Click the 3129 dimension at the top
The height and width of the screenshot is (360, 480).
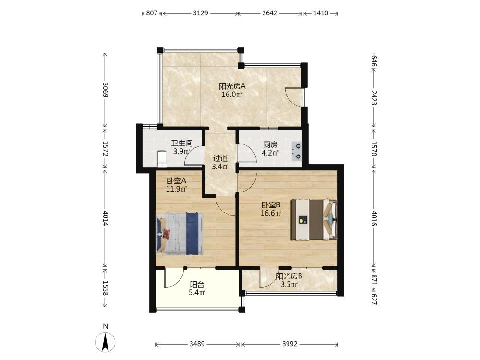click(201, 13)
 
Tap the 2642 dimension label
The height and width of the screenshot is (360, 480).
click(270, 13)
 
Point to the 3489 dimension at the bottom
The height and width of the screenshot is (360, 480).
click(197, 344)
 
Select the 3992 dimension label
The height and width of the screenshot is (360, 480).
click(289, 344)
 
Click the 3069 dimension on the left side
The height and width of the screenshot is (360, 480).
click(105, 90)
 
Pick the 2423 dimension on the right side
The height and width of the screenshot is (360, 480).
click(374, 97)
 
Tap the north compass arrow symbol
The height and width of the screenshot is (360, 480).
click(105, 342)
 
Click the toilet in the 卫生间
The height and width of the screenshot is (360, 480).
click(161, 159)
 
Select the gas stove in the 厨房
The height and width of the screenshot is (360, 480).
click(297, 151)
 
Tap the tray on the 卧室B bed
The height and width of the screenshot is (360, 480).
click(303, 219)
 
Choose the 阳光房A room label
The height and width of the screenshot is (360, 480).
click(232, 86)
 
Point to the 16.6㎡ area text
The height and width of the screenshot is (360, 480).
click(271, 213)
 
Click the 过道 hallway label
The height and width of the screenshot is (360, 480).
click(220, 158)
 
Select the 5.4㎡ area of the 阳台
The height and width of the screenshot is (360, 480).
click(197, 293)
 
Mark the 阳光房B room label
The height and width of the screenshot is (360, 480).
click(289, 276)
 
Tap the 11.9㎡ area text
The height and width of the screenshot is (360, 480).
click(176, 189)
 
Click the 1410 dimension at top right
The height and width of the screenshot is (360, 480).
click(321, 13)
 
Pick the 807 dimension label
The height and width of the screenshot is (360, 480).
click(152, 13)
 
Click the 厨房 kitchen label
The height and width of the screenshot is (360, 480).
click(270, 144)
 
